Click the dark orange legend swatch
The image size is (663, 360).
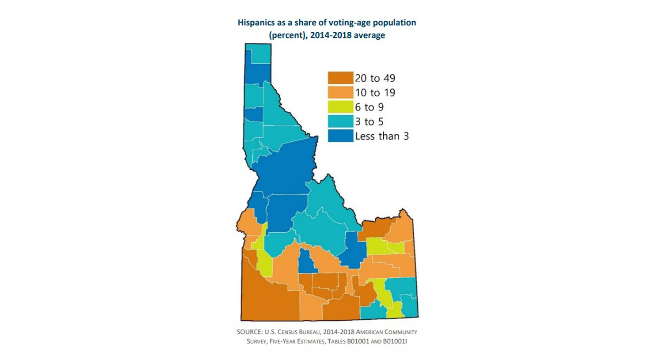(x=340, y=78)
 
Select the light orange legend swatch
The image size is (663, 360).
(x=340, y=92)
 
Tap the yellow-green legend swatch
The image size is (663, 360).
(x=340, y=107)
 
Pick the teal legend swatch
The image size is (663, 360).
(x=340, y=121)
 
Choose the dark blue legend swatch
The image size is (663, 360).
(x=340, y=136)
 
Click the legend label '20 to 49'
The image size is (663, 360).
(x=375, y=78)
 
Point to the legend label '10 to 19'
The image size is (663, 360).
(x=375, y=93)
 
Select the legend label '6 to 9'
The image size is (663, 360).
(x=369, y=107)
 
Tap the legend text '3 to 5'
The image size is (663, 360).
(x=369, y=122)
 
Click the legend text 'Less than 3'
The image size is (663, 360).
(x=382, y=136)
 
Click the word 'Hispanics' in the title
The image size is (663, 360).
(x=255, y=23)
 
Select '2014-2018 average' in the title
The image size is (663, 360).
(x=347, y=35)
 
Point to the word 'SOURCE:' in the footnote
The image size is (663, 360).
(x=249, y=332)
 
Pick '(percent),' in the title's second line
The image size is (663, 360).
(x=288, y=35)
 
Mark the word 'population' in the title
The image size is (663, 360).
(x=393, y=23)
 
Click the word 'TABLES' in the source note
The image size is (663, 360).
(x=337, y=341)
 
